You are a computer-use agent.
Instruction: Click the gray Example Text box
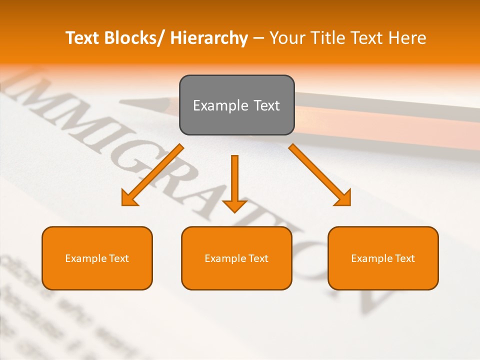pos(236,105)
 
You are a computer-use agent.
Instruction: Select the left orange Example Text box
pos(97,258)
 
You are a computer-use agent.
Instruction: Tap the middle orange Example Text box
pos(236,258)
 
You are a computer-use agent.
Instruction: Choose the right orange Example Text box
pos(383,258)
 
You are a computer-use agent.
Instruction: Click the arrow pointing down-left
pos(152,175)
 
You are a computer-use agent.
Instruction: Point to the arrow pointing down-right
pos(320,175)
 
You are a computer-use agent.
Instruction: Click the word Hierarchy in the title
pos(209,38)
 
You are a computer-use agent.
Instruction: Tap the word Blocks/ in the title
pos(131,38)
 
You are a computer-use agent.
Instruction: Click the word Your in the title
pos(287,38)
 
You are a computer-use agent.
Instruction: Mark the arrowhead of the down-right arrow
pos(344,199)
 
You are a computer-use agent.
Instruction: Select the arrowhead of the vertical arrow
pos(234,205)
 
